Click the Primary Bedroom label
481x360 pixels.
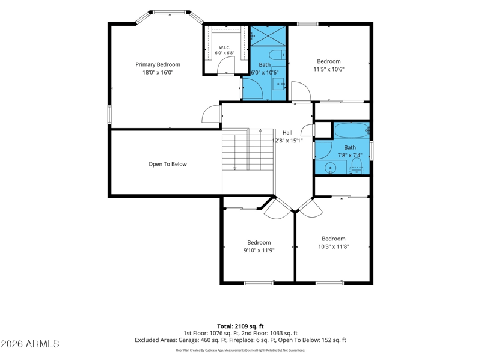tap(158, 64)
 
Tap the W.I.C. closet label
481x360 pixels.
tap(224, 47)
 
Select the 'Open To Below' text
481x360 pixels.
tap(168, 164)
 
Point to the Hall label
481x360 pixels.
tap(287, 132)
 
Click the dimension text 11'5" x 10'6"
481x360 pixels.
tap(329, 69)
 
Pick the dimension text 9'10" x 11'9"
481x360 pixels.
tap(259, 251)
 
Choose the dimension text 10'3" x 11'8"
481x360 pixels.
tap(334, 246)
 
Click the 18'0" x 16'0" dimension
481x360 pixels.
tap(158, 72)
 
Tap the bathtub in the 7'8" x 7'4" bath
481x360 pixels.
tap(352, 130)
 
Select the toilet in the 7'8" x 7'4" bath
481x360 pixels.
tap(357, 166)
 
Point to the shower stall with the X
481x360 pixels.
tap(268, 36)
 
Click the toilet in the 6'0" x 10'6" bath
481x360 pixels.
tap(277, 55)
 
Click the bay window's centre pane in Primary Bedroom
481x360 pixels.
tap(170, 13)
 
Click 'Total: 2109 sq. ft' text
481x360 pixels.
tap(240, 326)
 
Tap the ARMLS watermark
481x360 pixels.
tap(29, 344)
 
